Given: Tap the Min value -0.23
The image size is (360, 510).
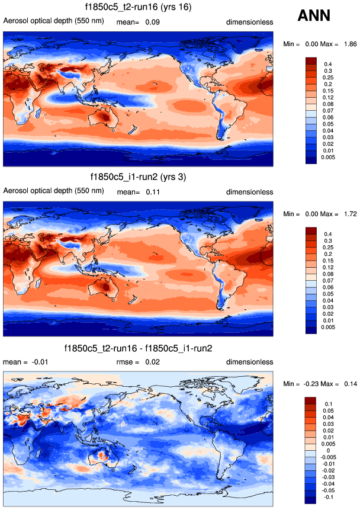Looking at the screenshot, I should [311, 384].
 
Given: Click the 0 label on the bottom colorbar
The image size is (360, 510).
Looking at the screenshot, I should [324, 451].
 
